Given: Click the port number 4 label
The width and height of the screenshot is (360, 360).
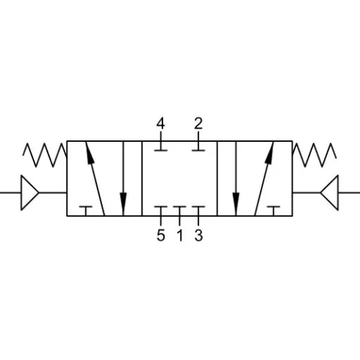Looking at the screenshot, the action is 161,123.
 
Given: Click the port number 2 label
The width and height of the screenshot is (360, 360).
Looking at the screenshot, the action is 198,123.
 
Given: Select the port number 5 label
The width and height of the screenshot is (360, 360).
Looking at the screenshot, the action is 161,235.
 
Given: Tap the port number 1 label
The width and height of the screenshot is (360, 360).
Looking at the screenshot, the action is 180,235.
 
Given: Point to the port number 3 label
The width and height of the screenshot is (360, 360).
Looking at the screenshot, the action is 198,235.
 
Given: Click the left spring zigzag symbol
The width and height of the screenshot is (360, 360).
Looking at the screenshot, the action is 45,155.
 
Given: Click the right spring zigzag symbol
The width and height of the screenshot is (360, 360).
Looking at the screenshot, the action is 314,155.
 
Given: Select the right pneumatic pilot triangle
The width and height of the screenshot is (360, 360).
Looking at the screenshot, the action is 330,192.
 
